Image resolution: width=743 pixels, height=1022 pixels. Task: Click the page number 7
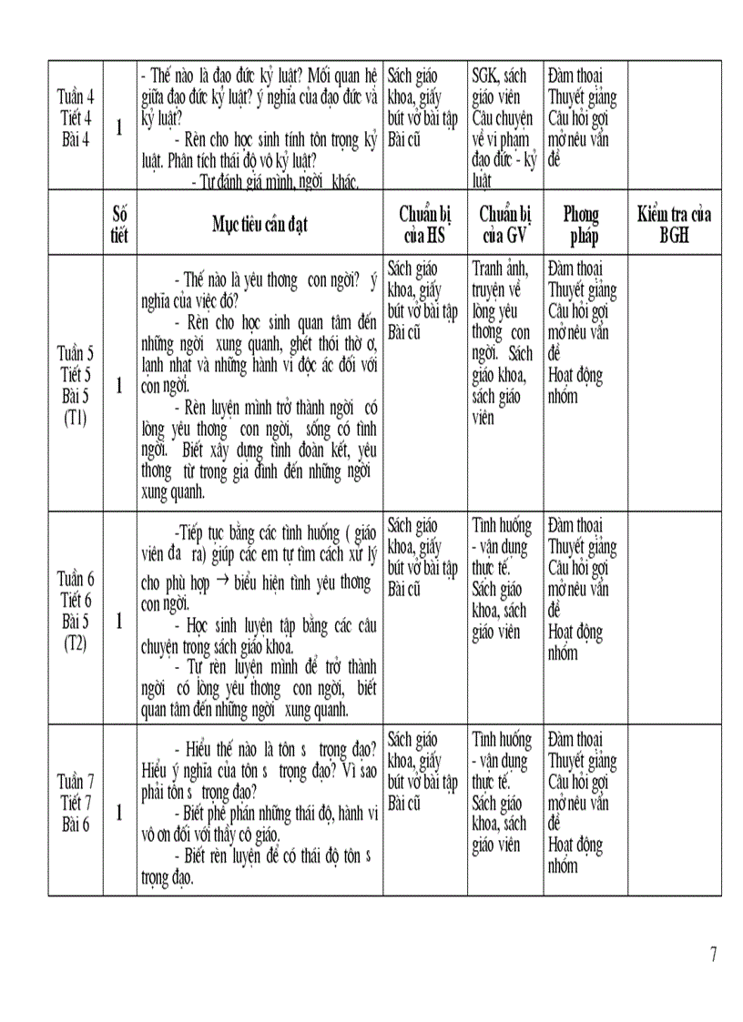pos(713,955)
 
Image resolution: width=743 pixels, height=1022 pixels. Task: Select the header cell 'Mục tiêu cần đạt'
pos(260,224)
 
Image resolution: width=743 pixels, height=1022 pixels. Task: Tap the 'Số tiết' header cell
pos(119,224)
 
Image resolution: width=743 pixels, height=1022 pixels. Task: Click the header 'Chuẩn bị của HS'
pos(425,224)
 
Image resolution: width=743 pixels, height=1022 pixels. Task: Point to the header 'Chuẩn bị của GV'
pos(505,224)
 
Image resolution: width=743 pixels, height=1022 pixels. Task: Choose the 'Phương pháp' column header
pos(581,224)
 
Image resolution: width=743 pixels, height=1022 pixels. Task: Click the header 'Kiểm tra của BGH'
pos(674,224)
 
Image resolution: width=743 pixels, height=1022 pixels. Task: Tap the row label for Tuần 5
pos(76,385)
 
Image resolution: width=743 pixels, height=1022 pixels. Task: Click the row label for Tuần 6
pos(76,611)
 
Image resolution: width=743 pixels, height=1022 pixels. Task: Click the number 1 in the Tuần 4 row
pos(119,128)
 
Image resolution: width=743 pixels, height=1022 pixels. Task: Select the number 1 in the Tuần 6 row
pos(119,621)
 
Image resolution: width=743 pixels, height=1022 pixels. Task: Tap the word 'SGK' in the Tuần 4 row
pos(485,76)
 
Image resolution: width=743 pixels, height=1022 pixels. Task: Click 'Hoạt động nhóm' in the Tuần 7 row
pos(576,855)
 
